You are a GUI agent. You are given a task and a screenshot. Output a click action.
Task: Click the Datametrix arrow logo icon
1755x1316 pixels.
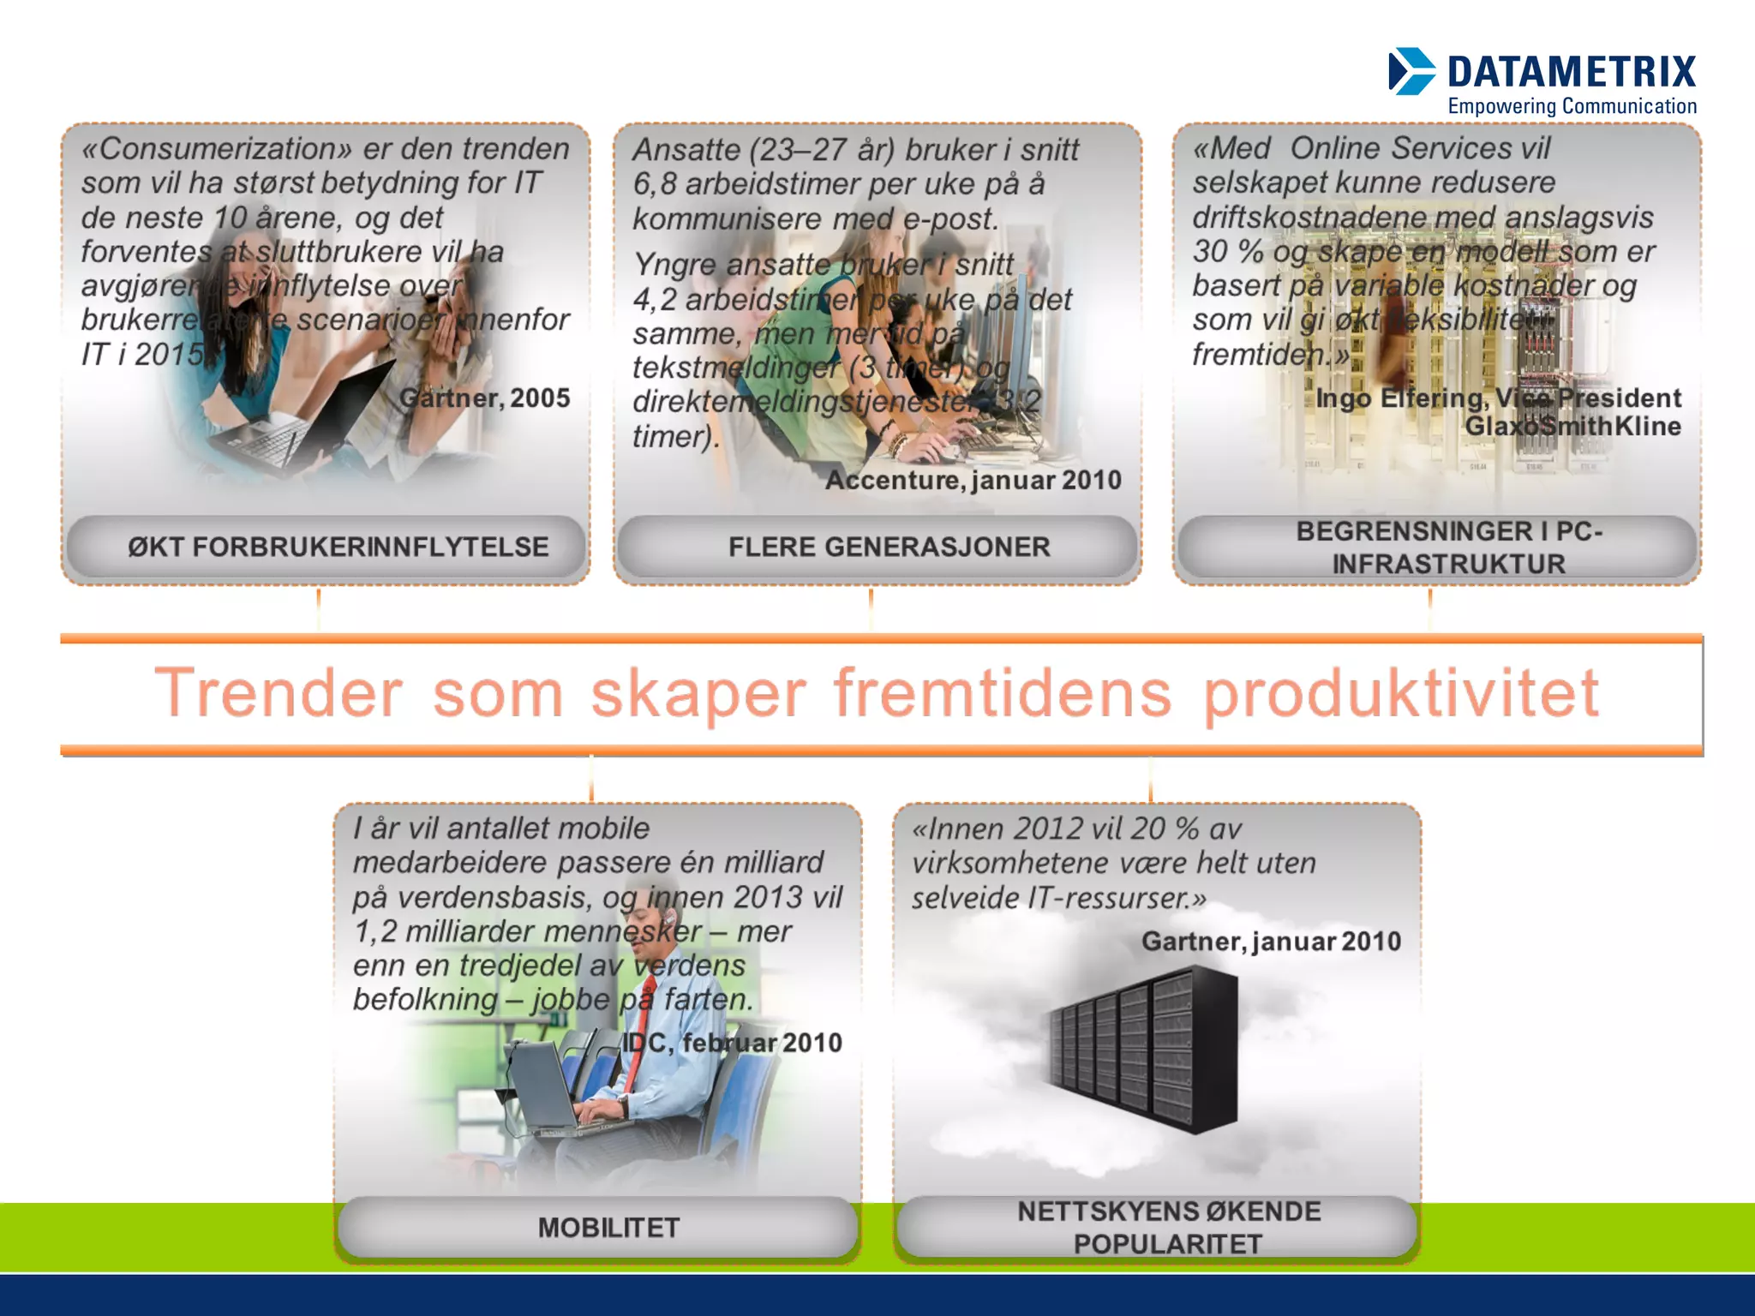click(x=1411, y=71)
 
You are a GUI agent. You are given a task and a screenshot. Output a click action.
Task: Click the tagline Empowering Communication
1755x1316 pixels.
click(x=1572, y=106)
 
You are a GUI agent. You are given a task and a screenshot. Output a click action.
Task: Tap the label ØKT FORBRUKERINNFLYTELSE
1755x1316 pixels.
click(x=338, y=547)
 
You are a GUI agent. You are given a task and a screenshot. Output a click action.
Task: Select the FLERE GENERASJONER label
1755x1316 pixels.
click(x=889, y=547)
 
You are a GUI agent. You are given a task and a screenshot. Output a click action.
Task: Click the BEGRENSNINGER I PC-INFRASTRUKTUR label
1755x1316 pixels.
click(x=1448, y=547)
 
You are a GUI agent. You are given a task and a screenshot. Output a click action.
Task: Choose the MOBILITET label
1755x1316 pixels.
click(x=608, y=1228)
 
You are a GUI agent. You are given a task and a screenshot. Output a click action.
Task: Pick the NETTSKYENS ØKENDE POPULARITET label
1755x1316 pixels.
click(x=1168, y=1227)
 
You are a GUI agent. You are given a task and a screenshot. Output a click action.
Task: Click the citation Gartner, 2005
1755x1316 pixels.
click(x=484, y=398)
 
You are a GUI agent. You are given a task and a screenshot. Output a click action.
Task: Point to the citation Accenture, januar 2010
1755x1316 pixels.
click(x=973, y=480)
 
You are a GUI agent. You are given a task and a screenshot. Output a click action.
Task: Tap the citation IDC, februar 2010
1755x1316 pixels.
click(x=732, y=1043)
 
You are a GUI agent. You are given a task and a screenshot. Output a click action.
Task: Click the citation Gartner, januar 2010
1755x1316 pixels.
click(x=1271, y=942)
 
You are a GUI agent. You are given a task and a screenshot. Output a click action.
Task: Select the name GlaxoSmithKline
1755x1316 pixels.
click(x=1572, y=426)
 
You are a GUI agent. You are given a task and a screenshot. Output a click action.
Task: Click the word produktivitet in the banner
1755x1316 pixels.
click(x=1401, y=694)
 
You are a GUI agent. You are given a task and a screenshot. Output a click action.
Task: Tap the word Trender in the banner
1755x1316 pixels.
click(x=279, y=694)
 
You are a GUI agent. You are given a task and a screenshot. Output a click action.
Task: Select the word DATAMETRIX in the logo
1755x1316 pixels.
click(x=1572, y=72)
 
